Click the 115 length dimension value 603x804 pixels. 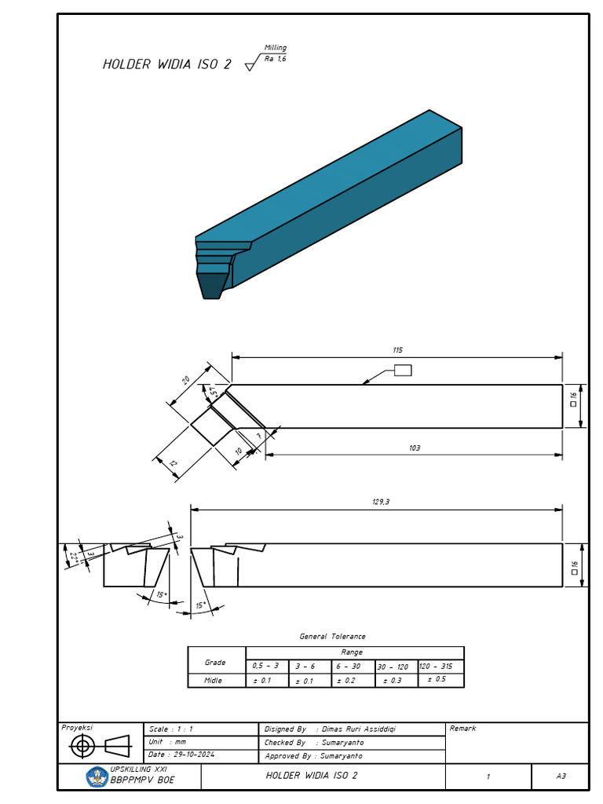398,350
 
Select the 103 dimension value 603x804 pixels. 415,448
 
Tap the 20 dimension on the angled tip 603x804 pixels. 186,380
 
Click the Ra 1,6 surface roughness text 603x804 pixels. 275,59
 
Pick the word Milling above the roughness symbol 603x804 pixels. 275,48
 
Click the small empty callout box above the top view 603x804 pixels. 403,371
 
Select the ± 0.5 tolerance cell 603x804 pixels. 437,679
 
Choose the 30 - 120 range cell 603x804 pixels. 393,667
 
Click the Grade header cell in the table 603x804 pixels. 215,662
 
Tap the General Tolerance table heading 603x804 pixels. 332,637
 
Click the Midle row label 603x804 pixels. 214,681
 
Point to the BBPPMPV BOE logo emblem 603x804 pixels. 97,777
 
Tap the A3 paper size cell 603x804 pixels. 561,777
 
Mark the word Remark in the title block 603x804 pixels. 462,729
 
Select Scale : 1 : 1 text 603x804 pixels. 170,729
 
